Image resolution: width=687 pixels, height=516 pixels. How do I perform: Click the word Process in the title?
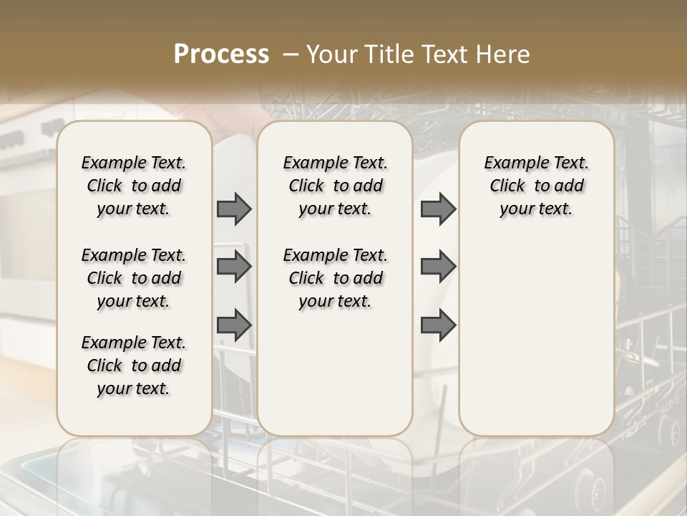(x=221, y=54)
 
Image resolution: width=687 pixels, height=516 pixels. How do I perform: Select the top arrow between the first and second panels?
(x=234, y=209)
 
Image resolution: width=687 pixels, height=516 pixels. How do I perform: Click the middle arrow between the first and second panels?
(x=234, y=267)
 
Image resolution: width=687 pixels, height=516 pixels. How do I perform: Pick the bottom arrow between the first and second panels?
(x=234, y=325)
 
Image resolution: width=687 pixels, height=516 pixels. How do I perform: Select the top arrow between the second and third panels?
(x=438, y=209)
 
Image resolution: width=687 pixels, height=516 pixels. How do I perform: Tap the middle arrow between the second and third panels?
(x=438, y=267)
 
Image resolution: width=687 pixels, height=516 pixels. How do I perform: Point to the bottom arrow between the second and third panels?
(x=438, y=325)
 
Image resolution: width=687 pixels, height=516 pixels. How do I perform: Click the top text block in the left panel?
(x=134, y=186)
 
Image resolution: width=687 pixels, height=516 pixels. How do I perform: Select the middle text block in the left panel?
(x=134, y=278)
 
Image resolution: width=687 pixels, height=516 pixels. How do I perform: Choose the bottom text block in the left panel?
(x=134, y=365)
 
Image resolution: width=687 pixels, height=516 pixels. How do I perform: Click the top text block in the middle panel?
(x=335, y=186)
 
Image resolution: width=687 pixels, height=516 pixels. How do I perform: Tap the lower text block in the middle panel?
(x=335, y=278)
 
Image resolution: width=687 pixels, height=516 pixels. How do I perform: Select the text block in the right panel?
(x=536, y=186)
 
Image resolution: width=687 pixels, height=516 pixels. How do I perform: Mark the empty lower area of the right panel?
(x=536, y=330)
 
